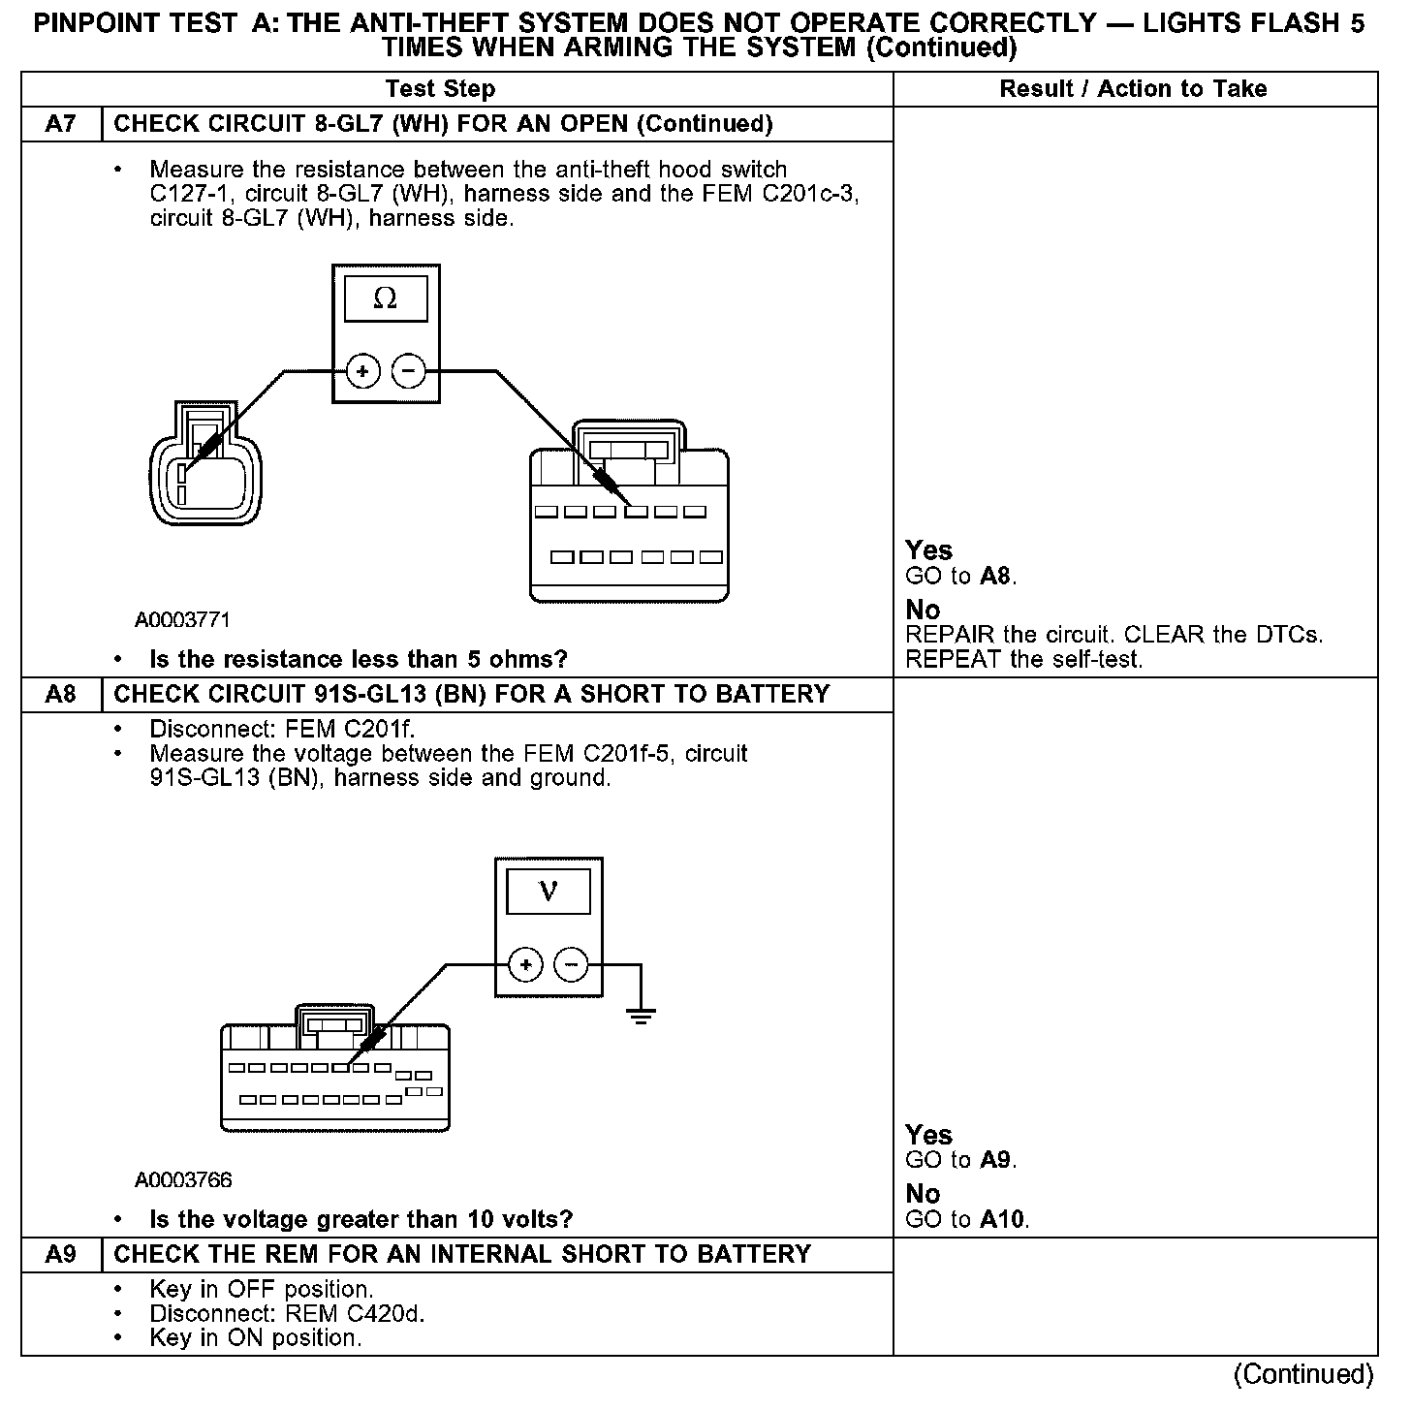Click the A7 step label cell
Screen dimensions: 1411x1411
(x=61, y=124)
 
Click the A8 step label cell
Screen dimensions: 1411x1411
(x=61, y=695)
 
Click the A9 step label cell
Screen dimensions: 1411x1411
(x=61, y=1255)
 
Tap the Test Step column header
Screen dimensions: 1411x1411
(x=440, y=89)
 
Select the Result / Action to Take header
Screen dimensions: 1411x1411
(x=1133, y=89)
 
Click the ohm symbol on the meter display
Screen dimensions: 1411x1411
(x=385, y=298)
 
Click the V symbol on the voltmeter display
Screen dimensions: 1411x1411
(x=549, y=891)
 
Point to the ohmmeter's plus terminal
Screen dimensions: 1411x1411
(x=362, y=371)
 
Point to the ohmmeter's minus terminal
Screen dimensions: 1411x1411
(x=408, y=371)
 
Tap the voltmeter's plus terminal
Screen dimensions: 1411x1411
(x=525, y=965)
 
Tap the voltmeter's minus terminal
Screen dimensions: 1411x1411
(x=571, y=965)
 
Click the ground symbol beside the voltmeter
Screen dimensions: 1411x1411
(x=640, y=1015)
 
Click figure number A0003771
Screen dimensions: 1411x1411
(x=183, y=619)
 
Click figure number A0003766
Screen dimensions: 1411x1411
(x=183, y=1180)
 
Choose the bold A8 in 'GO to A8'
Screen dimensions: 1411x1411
(x=995, y=577)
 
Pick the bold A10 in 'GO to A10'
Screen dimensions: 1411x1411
(x=1002, y=1220)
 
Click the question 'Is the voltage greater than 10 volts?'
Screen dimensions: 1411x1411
(x=361, y=1219)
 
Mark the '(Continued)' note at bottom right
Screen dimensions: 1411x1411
(x=1303, y=1374)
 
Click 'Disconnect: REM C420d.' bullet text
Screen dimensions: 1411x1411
(x=288, y=1314)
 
